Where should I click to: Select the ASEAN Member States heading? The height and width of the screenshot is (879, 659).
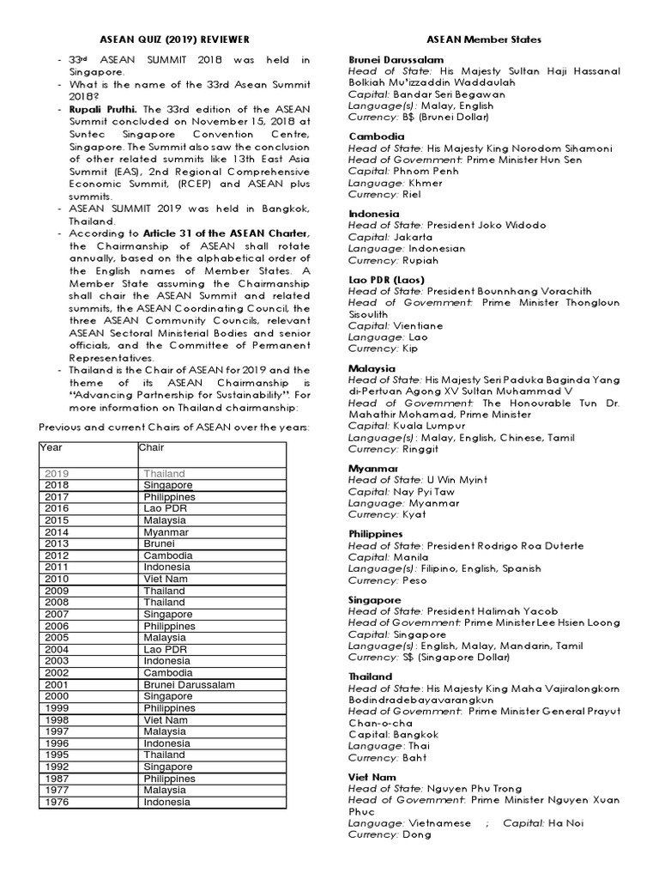484,39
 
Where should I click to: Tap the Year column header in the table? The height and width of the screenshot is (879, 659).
51,447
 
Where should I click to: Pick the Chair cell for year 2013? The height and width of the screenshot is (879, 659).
160,543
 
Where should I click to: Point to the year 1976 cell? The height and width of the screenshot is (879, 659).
57,802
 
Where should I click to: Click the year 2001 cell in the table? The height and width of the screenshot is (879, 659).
57,684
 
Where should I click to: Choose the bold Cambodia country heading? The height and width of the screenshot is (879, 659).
375,136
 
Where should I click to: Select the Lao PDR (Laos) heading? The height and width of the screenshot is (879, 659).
386,279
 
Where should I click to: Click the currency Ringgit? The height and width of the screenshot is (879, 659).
420,448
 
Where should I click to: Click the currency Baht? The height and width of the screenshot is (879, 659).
416,757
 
